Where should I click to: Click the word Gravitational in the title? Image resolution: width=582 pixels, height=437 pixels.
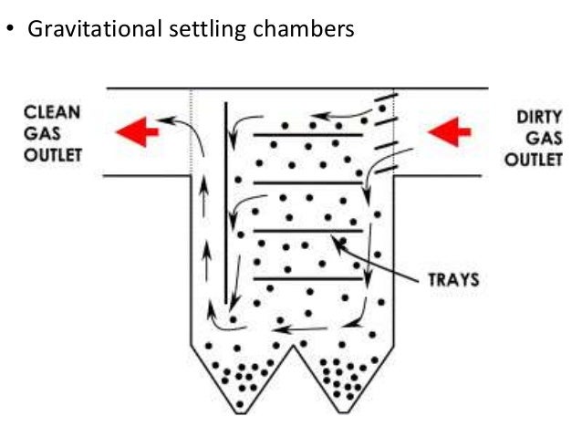point(85,29)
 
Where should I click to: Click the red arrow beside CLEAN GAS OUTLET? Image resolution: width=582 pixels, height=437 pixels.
point(137,132)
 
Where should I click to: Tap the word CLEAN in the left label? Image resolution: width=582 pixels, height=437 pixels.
point(52,114)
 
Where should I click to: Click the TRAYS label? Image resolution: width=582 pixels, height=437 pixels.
point(453,278)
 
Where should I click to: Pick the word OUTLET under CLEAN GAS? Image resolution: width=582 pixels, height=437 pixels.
point(52,154)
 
